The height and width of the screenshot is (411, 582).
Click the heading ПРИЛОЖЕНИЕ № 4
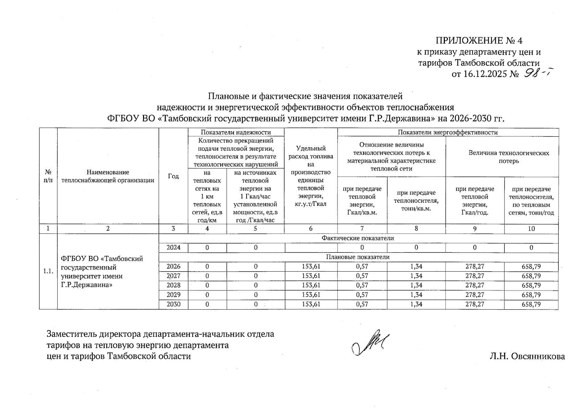pos(479,41)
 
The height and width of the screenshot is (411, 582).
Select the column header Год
pos(174,176)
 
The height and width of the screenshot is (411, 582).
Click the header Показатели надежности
pos(236,132)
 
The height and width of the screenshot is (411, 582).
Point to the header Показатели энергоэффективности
pos(448,132)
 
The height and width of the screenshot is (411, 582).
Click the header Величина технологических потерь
pos(509,157)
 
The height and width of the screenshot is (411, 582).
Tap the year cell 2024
pos(173,248)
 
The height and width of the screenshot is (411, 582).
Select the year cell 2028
pos(173,285)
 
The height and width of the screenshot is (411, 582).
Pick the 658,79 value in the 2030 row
pos(531,304)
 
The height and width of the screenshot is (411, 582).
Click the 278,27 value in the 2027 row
pos(475,276)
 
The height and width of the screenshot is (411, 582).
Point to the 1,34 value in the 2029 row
pos(416,295)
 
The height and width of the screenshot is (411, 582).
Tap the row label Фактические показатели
pos(357,238)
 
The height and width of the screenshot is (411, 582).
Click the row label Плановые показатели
pos(357,257)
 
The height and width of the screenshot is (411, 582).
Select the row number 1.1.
pos(48,271)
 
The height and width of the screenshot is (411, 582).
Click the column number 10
pos(531,229)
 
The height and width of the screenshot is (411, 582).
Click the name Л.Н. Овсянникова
pos(527,357)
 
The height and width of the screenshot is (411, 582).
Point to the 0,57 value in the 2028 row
pos(362,285)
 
